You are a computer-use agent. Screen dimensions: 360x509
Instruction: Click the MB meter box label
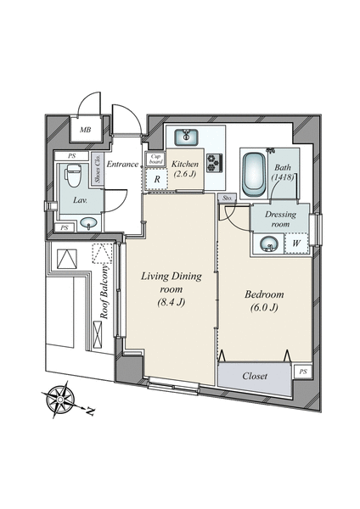click(x=86, y=130)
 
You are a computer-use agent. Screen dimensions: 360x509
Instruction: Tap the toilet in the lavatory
click(x=73, y=176)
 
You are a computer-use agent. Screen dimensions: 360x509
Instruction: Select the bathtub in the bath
click(x=255, y=174)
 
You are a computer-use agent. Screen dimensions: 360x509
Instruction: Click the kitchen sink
click(x=187, y=137)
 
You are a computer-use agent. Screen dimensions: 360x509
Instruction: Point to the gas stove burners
click(x=215, y=162)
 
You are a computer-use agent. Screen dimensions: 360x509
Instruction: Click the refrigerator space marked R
click(x=157, y=179)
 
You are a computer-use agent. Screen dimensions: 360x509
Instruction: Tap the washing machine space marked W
click(x=296, y=243)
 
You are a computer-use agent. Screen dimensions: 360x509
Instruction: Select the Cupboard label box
click(x=155, y=159)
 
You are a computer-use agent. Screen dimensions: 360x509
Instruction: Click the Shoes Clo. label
click(x=97, y=169)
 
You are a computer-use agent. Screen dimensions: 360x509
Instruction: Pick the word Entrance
click(x=122, y=164)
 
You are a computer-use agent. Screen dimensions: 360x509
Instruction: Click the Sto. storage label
click(x=228, y=198)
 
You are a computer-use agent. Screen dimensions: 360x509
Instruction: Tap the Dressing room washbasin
click(x=269, y=243)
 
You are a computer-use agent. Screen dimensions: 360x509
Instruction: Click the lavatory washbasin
click(x=88, y=223)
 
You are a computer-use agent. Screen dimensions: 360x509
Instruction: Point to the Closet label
click(x=255, y=376)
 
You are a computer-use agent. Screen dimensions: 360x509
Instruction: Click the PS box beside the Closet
click(x=303, y=372)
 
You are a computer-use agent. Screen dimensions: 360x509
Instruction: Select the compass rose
click(x=61, y=399)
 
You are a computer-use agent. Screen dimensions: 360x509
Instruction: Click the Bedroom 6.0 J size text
click(x=264, y=307)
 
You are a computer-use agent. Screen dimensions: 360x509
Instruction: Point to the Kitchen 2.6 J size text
click(x=185, y=174)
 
